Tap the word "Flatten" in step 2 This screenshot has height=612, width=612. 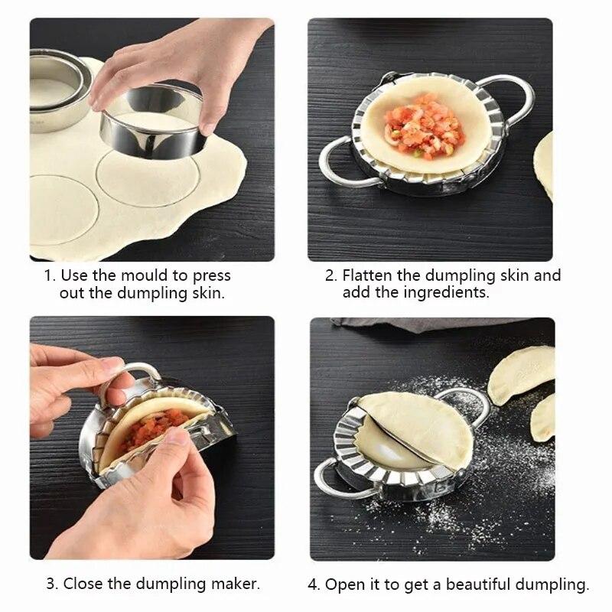pos(369,275)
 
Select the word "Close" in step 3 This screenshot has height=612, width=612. pos(83,584)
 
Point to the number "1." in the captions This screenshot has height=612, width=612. pos(50,275)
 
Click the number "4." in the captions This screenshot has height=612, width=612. pos(314,585)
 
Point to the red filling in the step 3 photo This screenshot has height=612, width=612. pos(153,428)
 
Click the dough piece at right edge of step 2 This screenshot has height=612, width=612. pos(544,164)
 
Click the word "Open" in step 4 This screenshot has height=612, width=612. pos(343,585)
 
